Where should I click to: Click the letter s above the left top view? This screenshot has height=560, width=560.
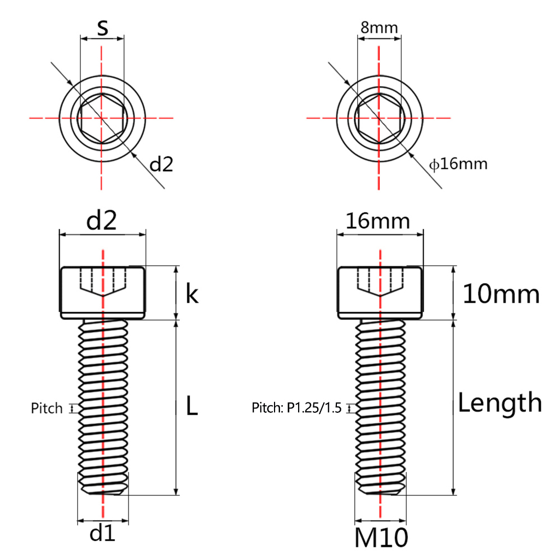tap(102, 27)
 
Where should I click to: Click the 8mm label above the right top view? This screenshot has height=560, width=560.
tap(379, 27)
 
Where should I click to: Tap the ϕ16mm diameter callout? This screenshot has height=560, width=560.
tap(458, 164)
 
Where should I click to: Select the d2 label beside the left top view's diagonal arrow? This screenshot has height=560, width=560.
tap(161, 164)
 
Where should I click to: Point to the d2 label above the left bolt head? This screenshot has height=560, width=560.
tap(101, 220)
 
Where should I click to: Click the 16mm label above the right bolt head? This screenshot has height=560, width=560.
tap(377, 221)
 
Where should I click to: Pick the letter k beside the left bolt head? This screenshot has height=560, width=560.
tap(192, 294)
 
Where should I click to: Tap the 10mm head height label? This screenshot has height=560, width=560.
tap(501, 294)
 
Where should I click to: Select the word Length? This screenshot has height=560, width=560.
tap(500, 403)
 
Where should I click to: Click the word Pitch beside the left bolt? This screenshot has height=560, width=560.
tap(46, 408)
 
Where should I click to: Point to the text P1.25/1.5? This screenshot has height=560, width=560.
tap(314, 407)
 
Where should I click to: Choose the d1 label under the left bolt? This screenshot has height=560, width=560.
tap(102, 534)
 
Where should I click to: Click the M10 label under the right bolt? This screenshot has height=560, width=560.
tap(381, 537)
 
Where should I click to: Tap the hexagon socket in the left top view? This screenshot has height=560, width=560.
tap(102, 118)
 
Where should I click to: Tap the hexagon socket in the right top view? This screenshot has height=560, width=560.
tap(380, 118)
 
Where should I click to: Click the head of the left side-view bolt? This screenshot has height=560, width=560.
tap(102, 293)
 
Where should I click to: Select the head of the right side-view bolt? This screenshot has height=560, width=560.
tap(380, 293)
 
